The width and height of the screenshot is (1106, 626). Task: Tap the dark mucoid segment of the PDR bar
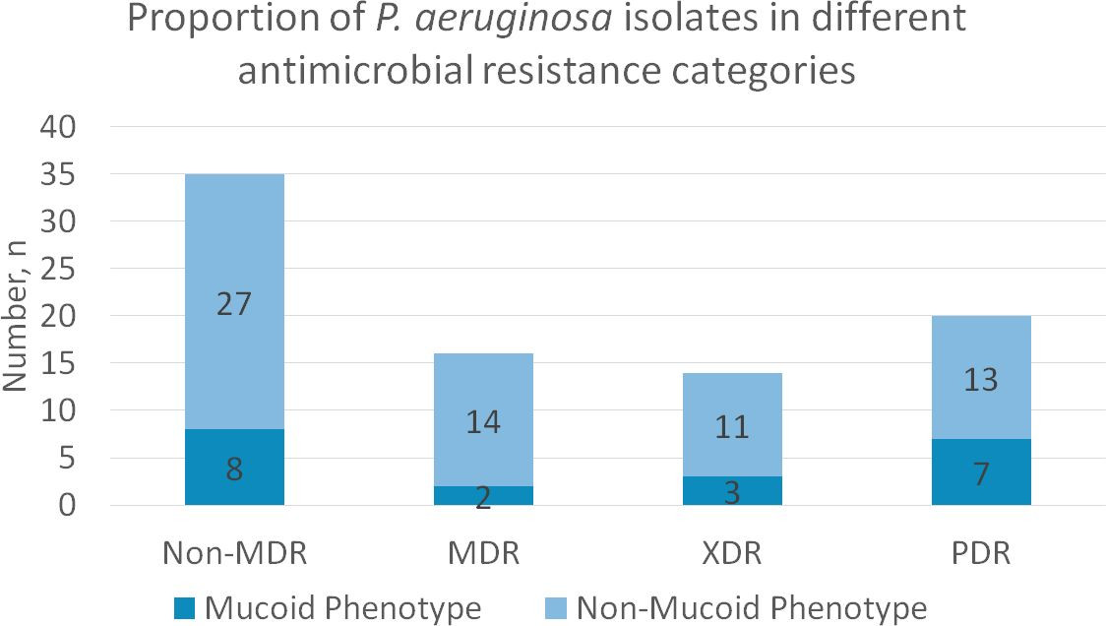pyautogui.click(x=980, y=472)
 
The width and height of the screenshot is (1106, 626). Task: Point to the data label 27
pyautogui.click(x=234, y=303)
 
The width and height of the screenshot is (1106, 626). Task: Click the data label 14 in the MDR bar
pyautogui.click(x=483, y=422)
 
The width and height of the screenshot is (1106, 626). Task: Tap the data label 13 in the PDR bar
pyautogui.click(x=980, y=379)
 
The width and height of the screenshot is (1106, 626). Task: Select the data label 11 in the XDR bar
pyautogui.click(x=732, y=427)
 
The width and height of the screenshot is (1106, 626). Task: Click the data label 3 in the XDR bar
pyautogui.click(x=732, y=492)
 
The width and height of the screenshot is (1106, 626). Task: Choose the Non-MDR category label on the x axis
pyautogui.click(x=234, y=553)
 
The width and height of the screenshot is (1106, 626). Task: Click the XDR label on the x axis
pyautogui.click(x=732, y=553)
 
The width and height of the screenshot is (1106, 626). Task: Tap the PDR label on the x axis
pyautogui.click(x=980, y=553)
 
